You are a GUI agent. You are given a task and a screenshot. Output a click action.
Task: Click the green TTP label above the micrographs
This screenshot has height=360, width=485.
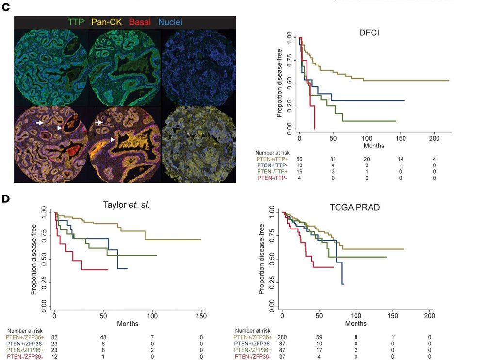(x=76, y=22)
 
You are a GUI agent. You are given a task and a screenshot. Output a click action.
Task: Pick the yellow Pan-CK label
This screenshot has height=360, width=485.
(x=107, y=22)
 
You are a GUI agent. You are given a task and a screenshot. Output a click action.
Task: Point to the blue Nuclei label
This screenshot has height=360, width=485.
(x=170, y=22)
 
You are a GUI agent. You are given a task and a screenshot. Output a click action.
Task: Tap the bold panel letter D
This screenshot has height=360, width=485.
(x=6, y=197)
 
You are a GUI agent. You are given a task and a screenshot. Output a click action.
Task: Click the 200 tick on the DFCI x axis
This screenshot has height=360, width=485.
(x=435, y=138)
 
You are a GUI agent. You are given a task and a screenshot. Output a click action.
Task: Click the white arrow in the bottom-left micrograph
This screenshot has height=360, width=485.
(x=40, y=124)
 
